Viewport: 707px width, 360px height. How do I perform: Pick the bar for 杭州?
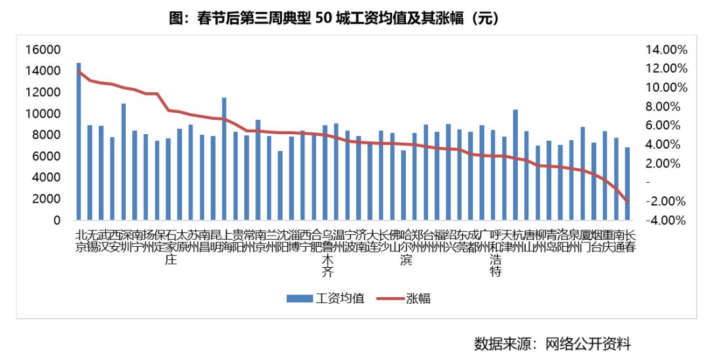click(x=515, y=164)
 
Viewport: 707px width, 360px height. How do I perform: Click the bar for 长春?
click(x=627, y=183)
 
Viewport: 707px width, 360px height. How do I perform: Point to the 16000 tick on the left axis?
click(x=43, y=50)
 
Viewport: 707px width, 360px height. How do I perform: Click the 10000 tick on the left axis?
click(x=43, y=114)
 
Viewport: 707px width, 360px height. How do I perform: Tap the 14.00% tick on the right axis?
click(x=666, y=50)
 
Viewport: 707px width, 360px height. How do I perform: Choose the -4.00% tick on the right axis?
click(x=666, y=220)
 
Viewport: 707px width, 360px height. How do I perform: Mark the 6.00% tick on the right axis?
click(x=666, y=125)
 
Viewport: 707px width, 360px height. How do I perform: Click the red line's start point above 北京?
click(x=79, y=71)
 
